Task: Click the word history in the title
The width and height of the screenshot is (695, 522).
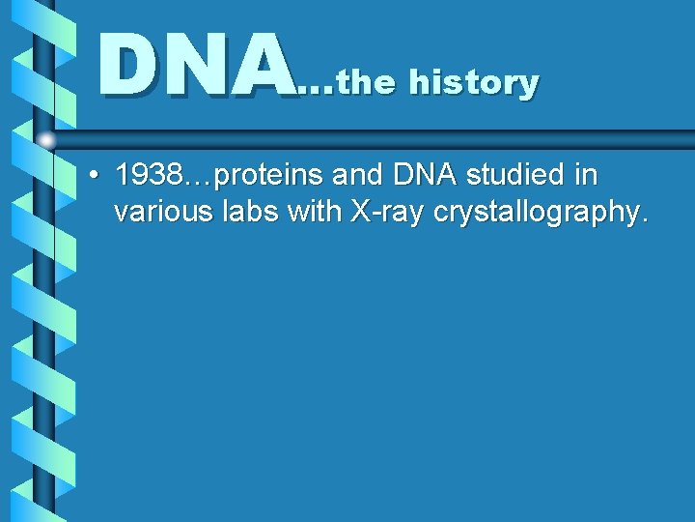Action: tap(473, 83)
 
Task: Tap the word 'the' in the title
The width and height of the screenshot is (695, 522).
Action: tap(367, 83)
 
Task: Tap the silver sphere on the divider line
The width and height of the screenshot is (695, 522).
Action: tap(46, 140)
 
